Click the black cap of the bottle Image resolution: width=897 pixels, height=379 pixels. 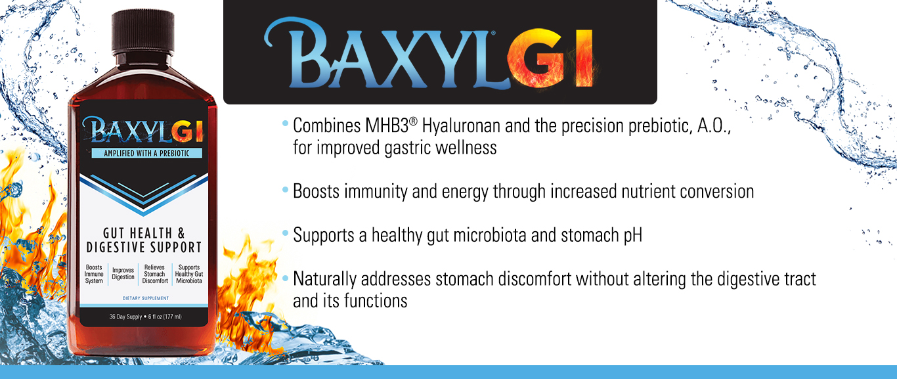tap(142, 32)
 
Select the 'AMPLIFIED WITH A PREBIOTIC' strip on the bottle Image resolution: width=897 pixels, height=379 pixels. tap(146, 153)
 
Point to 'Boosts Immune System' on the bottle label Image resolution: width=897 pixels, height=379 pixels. tap(94, 274)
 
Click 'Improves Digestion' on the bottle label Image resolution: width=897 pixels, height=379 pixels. tap(123, 274)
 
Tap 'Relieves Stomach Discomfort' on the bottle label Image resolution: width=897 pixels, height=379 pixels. tap(155, 274)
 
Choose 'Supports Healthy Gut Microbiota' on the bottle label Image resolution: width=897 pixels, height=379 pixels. tap(189, 274)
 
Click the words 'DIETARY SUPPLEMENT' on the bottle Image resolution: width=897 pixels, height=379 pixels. tap(146, 298)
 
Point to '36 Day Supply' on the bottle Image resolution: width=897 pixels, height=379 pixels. tap(125, 317)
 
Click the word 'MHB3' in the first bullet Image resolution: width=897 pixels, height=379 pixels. tap(386, 125)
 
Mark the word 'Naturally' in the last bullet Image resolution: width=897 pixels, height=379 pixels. tap(324, 280)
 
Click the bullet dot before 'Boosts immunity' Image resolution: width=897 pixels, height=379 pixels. tap(285, 189)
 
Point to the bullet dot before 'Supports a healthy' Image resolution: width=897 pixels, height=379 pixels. tap(285, 233)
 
